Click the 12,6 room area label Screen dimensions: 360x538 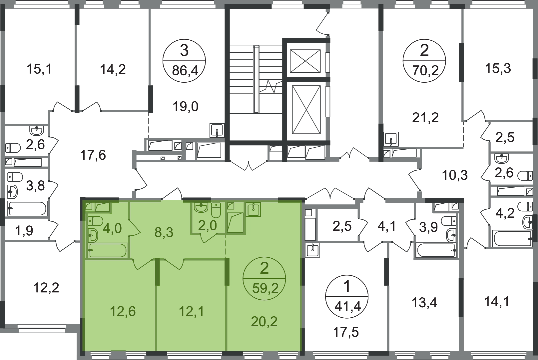[x=123, y=311]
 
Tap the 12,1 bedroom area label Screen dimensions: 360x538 [x=191, y=311]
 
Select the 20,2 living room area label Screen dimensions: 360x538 [x=264, y=322]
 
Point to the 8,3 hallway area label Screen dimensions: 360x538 [x=164, y=232]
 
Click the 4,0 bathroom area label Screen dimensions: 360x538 [x=112, y=229]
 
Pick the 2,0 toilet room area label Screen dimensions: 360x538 [x=207, y=226]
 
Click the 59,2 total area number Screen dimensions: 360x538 [x=265, y=288]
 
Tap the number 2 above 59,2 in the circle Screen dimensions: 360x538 [x=264, y=268]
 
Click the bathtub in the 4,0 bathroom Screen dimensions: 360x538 [x=108, y=250]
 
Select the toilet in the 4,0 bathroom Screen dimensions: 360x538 [x=96, y=221]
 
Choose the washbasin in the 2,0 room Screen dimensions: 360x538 [x=201, y=208]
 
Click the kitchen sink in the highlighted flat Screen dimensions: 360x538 [x=253, y=209]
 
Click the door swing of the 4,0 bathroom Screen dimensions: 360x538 [x=134, y=230]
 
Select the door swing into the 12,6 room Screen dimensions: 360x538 [x=143, y=264]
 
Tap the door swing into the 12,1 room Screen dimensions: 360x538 [x=173, y=264]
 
